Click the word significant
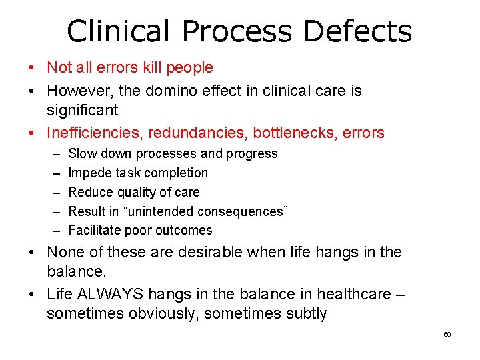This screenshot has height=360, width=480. click(x=82, y=109)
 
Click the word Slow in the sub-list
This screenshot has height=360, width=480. click(x=82, y=153)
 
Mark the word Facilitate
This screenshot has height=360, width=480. click(x=93, y=230)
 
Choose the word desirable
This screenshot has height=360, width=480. click(x=199, y=253)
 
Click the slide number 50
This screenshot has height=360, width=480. click(x=447, y=334)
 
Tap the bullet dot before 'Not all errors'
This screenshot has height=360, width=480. click(x=32, y=68)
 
